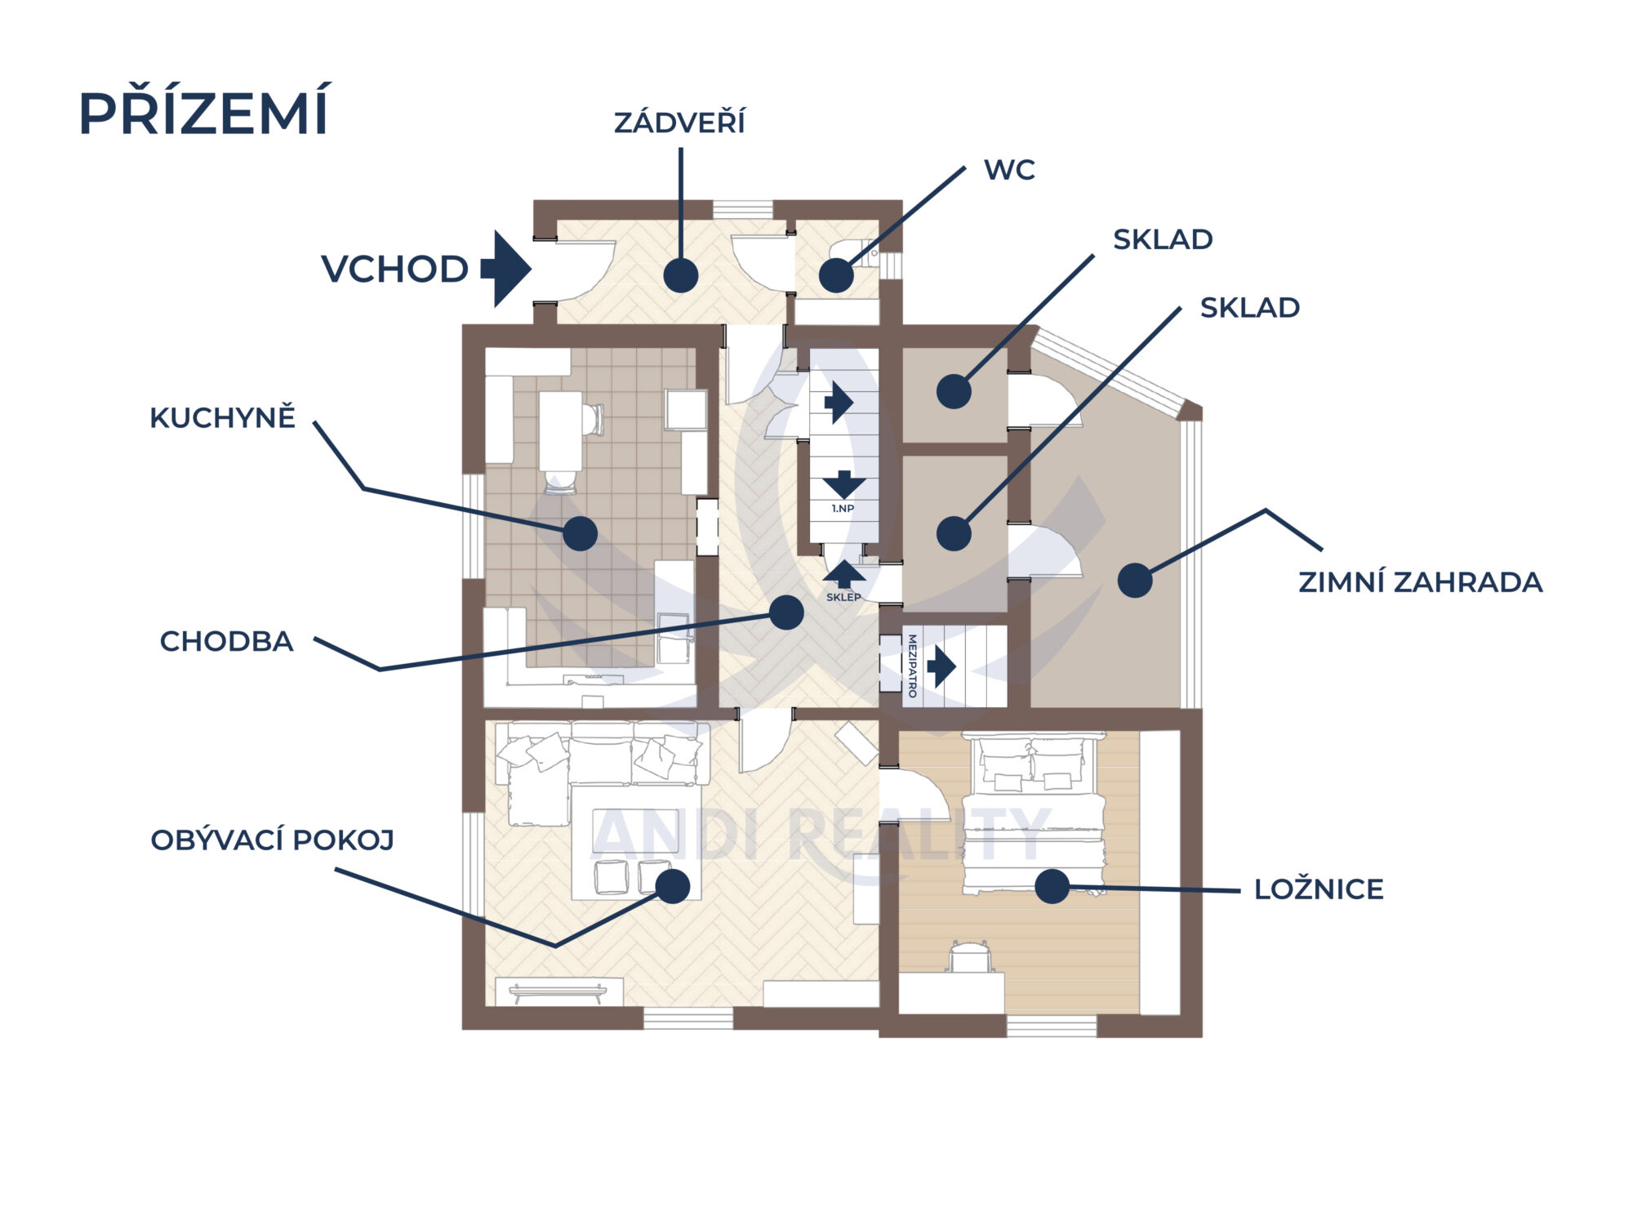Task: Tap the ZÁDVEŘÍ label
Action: [x=679, y=122]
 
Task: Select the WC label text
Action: [x=1009, y=170]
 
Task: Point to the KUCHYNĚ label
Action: [x=222, y=418]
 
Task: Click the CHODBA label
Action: [x=226, y=642]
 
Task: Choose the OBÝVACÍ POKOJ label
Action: [x=273, y=840]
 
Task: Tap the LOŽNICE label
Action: [x=1319, y=889]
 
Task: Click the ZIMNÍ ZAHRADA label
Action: [x=1420, y=582]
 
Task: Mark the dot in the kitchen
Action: [x=580, y=533]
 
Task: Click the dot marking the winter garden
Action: [x=1134, y=581]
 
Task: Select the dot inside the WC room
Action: [x=836, y=276]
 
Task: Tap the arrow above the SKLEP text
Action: [x=843, y=573]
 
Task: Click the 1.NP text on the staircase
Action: [x=843, y=509]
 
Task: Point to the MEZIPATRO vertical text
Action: [x=912, y=666]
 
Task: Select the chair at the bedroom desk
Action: [x=969, y=957]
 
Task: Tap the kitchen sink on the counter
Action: [x=674, y=637]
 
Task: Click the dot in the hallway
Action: [x=786, y=612]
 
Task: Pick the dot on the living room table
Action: [x=673, y=886]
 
